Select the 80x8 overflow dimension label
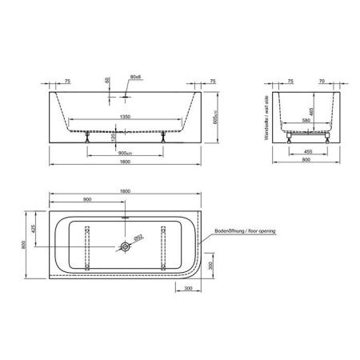134,78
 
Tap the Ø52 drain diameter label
137,238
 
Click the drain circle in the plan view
126,247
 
